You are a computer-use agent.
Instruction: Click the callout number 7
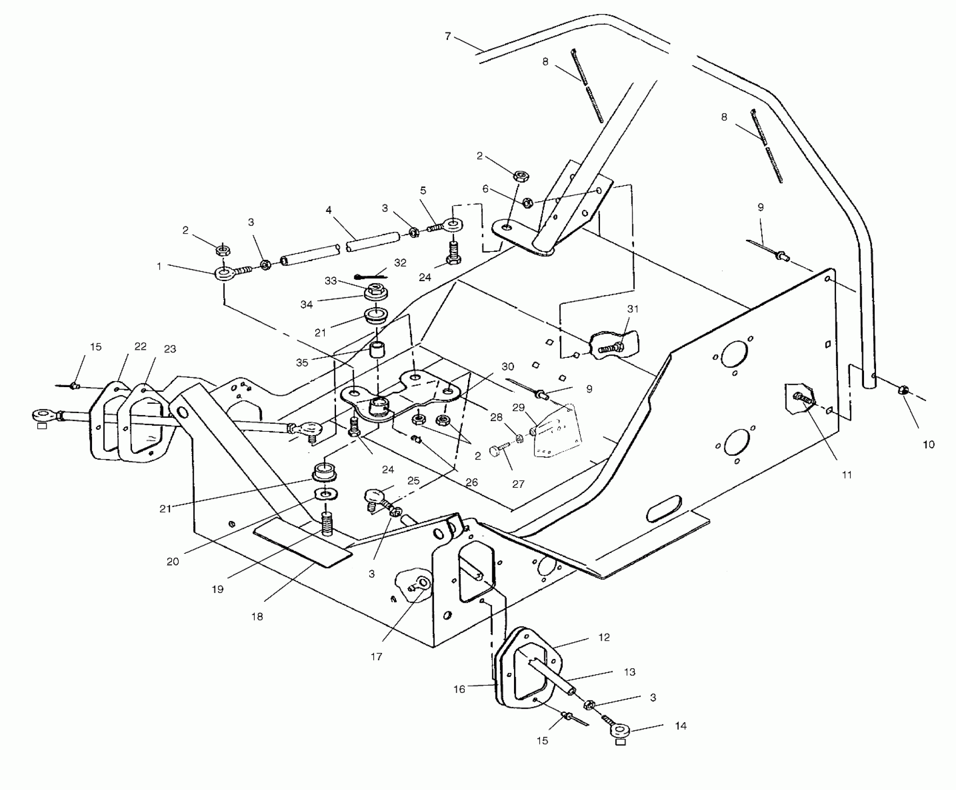coord(448,36)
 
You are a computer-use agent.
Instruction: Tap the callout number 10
coord(928,445)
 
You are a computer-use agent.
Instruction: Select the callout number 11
coord(847,474)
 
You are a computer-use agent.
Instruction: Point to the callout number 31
coord(633,309)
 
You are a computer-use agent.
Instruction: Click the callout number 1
coord(159,266)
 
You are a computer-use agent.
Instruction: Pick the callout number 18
coord(257,617)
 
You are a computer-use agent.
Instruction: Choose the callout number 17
coord(376,657)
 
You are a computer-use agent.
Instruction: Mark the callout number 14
coord(680,726)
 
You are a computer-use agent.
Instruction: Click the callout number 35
coord(302,362)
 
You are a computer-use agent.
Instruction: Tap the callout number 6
coord(485,189)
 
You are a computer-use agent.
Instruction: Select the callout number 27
coord(518,484)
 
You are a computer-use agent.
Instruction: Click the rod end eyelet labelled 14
coord(619,731)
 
